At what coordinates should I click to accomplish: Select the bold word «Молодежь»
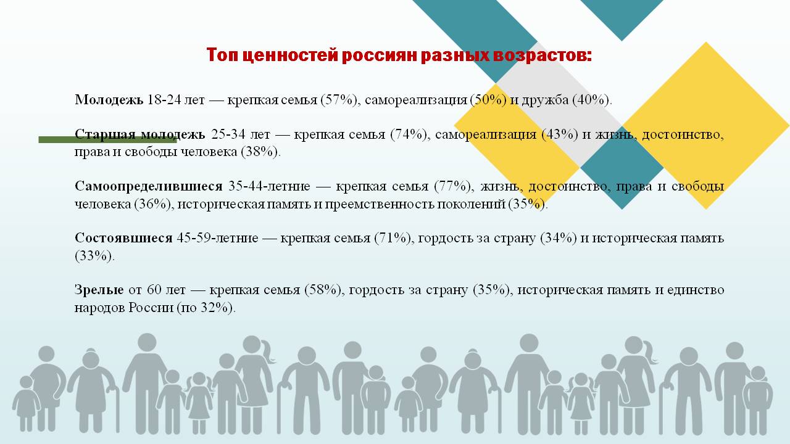pyautogui.click(x=109, y=101)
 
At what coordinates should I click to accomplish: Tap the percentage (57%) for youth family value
pyautogui.click(x=339, y=101)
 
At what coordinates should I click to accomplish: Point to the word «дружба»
pyautogui.click(x=545, y=101)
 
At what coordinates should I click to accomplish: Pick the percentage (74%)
pyautogui.click(x=409, y=134)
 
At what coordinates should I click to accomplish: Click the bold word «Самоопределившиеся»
pyautogui.click(x=149, y=186)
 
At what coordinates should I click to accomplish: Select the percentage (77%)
pyautogui.click(x=452, y=186)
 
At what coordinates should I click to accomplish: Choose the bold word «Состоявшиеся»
pyautogui.click(x=123, y=238)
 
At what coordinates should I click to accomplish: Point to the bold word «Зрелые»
pyautogui.click(x=99, y=290)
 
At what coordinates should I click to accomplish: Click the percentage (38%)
pyautogui.click(x=260, y=152)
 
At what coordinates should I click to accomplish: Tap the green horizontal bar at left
pyautogui.click(x=107, y=140)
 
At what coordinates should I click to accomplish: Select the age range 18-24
pyautogui.click(x=164, y=101)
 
